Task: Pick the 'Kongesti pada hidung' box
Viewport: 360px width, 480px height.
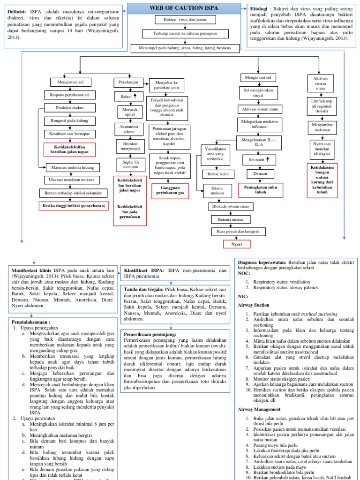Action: pos(69,121)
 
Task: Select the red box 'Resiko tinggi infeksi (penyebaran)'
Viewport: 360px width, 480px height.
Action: pos(74,206)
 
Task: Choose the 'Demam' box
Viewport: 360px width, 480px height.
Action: pos(260,174)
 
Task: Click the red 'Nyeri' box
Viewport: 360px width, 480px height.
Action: pos(236,244)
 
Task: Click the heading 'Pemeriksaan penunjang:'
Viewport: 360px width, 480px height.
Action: pos(150,334)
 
